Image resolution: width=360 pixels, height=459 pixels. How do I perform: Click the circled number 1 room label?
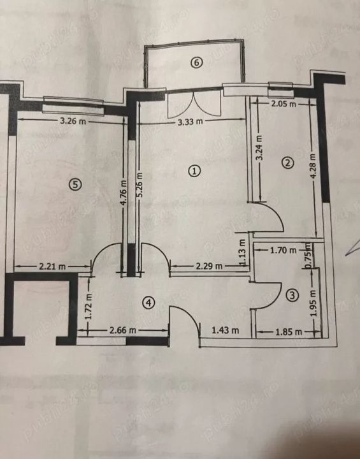[194, 171]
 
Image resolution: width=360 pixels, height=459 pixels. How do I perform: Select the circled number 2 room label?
[287, 163]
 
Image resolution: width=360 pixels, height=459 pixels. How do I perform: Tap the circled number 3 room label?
[292, 295]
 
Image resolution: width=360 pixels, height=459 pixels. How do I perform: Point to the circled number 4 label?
[148, 302]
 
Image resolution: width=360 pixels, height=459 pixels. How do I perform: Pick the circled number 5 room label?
[75, 184]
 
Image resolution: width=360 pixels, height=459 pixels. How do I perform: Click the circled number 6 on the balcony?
[196, 62]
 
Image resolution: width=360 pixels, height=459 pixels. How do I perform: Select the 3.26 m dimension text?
[73, 121]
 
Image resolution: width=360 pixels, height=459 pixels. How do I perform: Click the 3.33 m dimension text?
[191, 121]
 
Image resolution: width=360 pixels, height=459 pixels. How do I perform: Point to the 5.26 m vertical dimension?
[140, 185]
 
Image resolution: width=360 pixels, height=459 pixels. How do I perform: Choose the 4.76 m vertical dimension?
[124, 193]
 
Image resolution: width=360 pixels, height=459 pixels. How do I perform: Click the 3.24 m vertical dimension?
[259, 147]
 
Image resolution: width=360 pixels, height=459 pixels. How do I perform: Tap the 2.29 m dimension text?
[209, 266]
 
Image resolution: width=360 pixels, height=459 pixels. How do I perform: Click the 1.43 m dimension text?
[225, 330]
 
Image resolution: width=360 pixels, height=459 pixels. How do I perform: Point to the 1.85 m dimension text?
[289, 332]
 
